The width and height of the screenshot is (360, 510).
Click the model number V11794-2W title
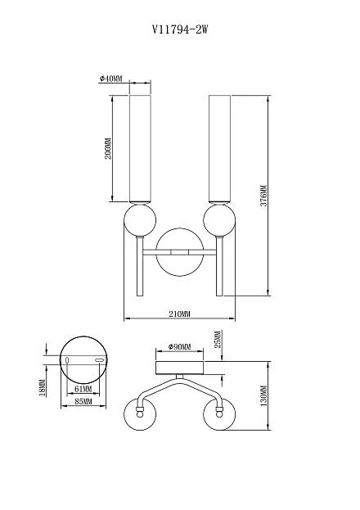180,30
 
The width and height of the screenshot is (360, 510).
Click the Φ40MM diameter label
111,79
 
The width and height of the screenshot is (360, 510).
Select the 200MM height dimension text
108,148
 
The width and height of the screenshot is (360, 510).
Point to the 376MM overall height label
263,196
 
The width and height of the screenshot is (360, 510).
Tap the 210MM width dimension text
179,314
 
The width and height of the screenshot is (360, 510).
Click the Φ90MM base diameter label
179,347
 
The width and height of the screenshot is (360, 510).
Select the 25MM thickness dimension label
218,339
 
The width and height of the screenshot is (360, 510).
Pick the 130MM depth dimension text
263,395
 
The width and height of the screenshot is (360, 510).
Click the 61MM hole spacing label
83,389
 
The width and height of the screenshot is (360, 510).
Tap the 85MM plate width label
83,401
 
